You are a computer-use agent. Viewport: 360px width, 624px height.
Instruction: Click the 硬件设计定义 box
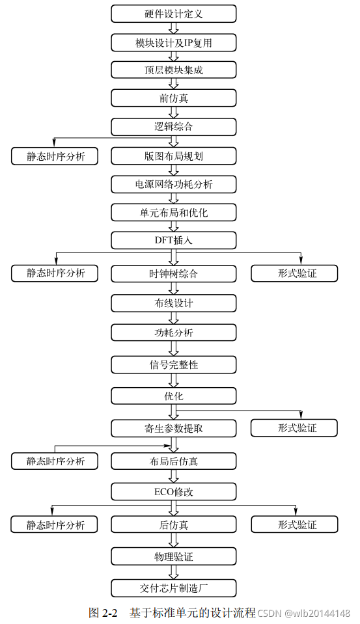[174, 14]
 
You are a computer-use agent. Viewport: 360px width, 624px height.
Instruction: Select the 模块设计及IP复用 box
[174, 42]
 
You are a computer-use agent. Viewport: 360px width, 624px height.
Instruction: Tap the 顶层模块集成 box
[174, 70]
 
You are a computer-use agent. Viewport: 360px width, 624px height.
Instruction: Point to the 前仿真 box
[174, 98]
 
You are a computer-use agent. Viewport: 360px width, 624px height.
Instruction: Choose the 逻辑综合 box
[174, 127]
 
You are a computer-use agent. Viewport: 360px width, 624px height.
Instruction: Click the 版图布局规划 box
[174, 156]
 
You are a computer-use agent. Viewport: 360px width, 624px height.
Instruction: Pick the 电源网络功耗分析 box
[174, 184]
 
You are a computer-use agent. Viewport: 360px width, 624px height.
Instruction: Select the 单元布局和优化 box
[174, 213]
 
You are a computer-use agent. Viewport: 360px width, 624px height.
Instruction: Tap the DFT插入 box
[174, 240]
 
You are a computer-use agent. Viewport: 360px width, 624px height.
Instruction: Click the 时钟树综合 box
[174, 274]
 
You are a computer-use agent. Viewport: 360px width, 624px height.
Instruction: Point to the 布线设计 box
[174, 303]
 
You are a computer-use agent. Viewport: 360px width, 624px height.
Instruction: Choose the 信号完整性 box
[174, 364]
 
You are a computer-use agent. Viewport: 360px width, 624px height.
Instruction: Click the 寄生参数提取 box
[174, 428]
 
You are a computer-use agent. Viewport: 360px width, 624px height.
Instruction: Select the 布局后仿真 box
[174, 461]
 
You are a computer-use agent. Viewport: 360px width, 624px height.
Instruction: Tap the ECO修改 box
[174, 492]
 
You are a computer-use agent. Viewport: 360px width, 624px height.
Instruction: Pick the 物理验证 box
[174, 556]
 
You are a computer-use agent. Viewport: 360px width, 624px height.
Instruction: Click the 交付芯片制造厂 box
[174, 588]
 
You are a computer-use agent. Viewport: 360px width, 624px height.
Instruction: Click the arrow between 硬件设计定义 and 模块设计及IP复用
[174, 28]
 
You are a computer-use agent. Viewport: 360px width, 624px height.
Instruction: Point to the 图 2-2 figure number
[103, 612]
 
